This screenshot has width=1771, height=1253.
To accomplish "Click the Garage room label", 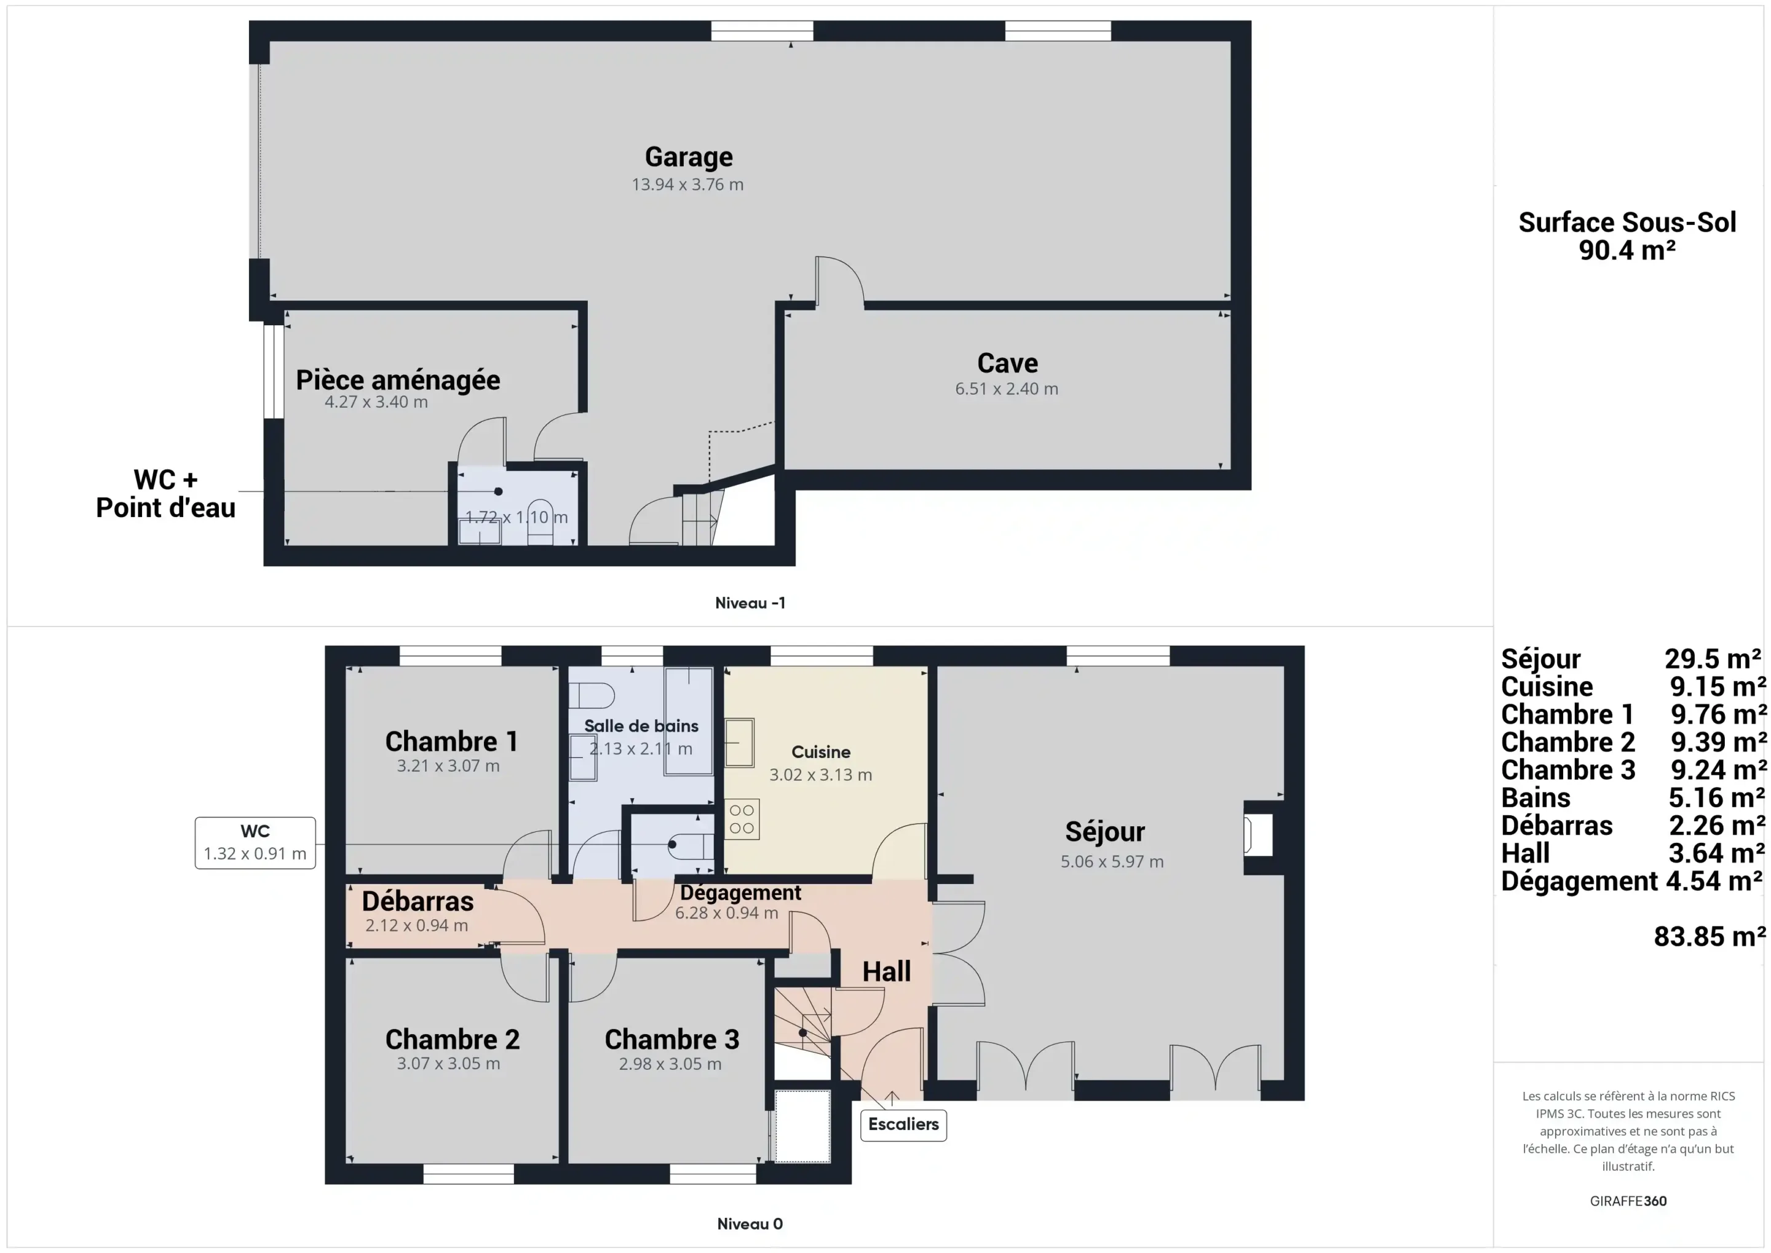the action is click(688, 157).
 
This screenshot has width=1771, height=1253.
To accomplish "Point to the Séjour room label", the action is click(1105, 831).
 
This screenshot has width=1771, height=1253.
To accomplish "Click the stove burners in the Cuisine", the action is click(742, 818).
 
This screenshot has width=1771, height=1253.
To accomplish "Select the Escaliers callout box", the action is click(903, 1124).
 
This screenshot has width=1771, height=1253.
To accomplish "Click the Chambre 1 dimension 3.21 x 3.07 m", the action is click(448, 766).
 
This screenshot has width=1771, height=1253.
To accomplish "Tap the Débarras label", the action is click(418, 901).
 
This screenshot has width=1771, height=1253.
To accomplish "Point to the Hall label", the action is click(887, 971).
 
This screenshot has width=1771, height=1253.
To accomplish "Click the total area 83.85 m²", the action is click(1710, 936).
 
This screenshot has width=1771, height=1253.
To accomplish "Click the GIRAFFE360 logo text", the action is click(1628, 1201).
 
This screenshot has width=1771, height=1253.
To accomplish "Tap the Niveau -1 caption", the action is click(750, 603).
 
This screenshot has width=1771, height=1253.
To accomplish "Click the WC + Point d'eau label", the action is click(165, 494).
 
